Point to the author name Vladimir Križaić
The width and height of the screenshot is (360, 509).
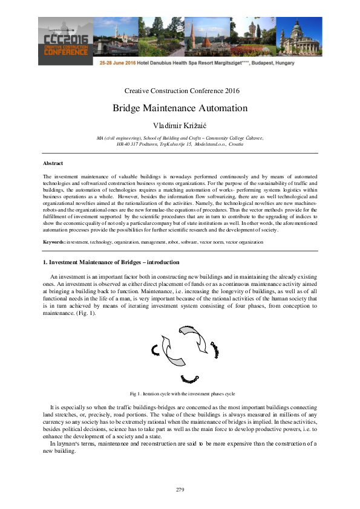pyautogui.click(x=180, y=125)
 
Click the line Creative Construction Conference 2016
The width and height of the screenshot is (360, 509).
pyautogui.click(x=180, y=91)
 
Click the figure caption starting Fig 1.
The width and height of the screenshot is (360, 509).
pyautogui.click(x=180, y=393)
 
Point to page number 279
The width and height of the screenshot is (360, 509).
pyautogui.click(x=180, y=489)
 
